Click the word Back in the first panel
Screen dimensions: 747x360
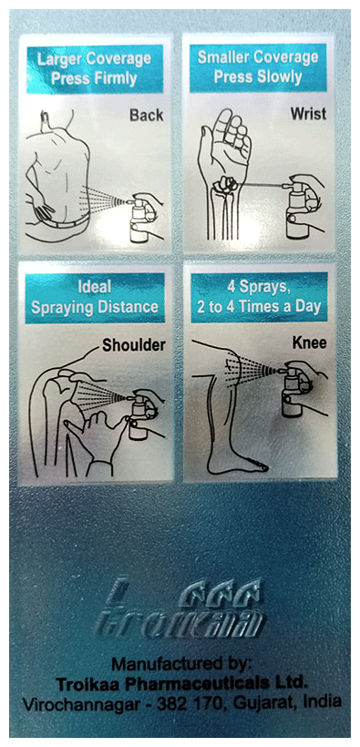point(145,116)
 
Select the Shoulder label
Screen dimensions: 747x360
point(133,345)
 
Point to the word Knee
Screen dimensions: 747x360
point(308,345)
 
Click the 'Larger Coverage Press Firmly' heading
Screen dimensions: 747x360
point(94,68)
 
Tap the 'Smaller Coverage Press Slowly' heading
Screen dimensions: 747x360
point(258,68)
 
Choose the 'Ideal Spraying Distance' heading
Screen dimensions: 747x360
point(94,298)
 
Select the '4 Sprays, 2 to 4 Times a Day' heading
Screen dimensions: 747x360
point(258,298)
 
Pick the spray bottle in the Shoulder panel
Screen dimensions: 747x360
point(139,421)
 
